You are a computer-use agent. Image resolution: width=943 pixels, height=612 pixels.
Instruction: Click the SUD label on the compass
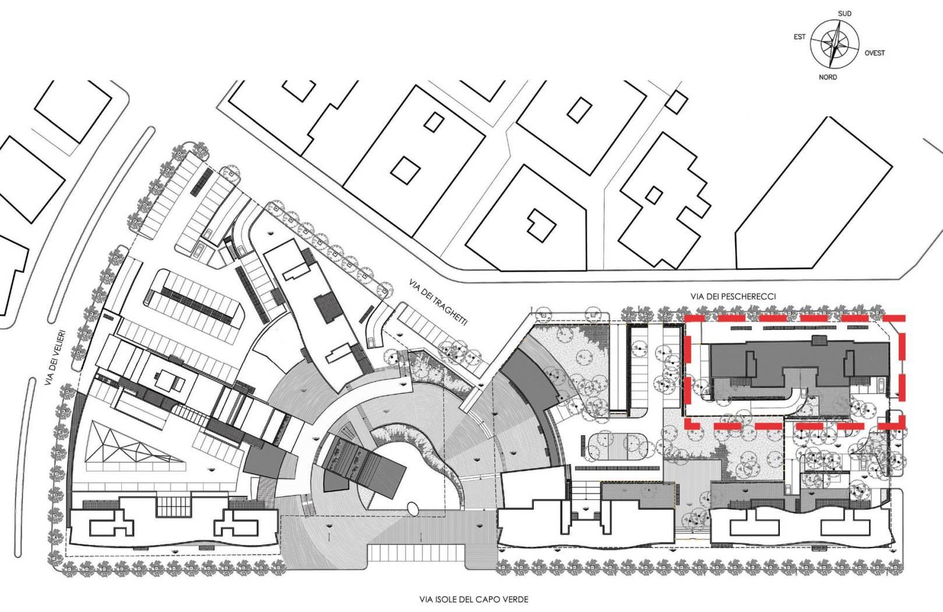pyautogui.click(x=845, y=14)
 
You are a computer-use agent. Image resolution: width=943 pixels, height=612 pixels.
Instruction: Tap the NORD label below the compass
pyautogui.click(x=828, y=78)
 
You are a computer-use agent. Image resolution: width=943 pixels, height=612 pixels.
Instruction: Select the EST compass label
pyautogui.click(x=800, y=37)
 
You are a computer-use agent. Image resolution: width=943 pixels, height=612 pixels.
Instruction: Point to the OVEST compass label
pyautogui.click(x=875, y=53)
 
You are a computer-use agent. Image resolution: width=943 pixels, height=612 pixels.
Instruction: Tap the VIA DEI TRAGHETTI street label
pyautogui.click(x=438, y=301)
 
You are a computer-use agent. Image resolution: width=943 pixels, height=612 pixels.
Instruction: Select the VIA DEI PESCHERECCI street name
pyautogui.click(x=733, y=297)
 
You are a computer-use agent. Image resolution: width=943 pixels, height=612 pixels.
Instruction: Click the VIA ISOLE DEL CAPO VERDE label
pyautogui.click(x=474, y=599)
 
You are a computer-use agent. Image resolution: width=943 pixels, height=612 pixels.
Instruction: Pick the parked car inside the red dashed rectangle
pyautogui.click(x=881, y=384)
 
